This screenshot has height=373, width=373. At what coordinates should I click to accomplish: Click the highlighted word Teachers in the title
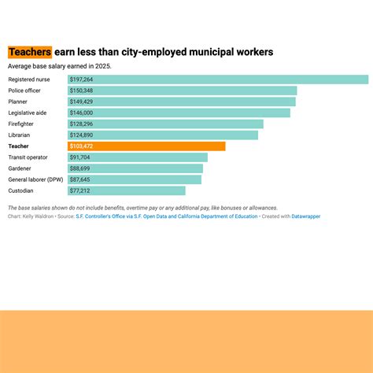30,52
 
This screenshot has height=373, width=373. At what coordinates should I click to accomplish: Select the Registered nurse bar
218,79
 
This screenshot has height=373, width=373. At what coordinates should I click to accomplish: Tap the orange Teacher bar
146,146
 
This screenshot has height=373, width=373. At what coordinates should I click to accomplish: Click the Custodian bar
126,190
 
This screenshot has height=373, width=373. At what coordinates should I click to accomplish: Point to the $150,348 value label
81,90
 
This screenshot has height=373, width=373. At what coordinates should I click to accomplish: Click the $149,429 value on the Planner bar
81,102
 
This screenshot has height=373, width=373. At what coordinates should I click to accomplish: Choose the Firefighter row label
21,124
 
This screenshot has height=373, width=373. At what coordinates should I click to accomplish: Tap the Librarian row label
20,135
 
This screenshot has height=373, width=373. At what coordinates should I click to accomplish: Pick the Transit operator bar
138,157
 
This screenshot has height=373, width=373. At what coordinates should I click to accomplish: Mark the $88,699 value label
79,168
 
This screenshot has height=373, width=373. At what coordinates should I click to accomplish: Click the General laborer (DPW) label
35,179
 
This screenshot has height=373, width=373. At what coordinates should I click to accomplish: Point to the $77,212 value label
79,190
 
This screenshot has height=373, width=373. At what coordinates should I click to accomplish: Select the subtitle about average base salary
60,66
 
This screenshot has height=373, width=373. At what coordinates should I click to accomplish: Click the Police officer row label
24,90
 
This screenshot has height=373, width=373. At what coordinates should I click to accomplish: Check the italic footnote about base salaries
142,208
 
